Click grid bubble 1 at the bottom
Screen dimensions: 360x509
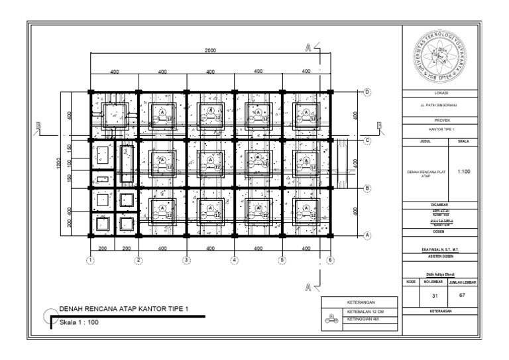pos(91,260)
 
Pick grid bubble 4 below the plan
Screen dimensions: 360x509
pos(234,260)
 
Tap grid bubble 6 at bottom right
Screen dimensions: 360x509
pos(329,260)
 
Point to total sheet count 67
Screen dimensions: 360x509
pos(463,295)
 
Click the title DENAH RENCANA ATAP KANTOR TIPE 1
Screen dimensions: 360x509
pos(124,309)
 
